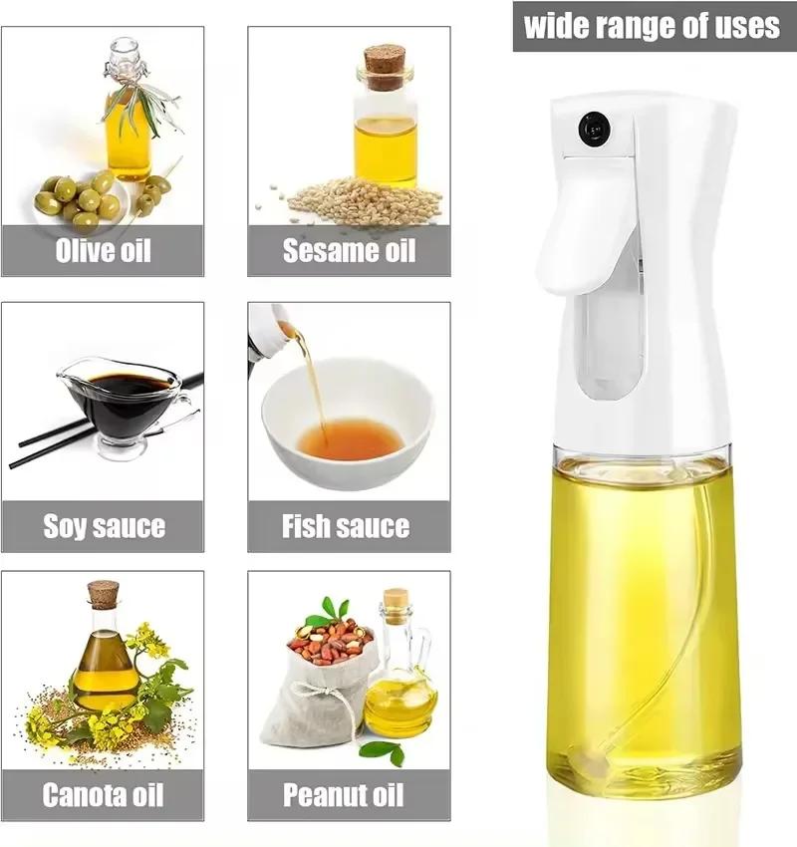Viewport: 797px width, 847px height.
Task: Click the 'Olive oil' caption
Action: (103, 249)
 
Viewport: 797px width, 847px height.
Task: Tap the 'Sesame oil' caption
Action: (349, 249)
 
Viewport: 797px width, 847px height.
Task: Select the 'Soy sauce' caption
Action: (103, 525)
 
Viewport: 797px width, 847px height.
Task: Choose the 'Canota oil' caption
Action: (103, 795)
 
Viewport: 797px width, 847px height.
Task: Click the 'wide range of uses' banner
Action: (653, 25)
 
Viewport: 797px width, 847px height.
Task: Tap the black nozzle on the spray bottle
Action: (594, 129)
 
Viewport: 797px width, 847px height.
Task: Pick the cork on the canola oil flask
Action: (103, 594)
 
